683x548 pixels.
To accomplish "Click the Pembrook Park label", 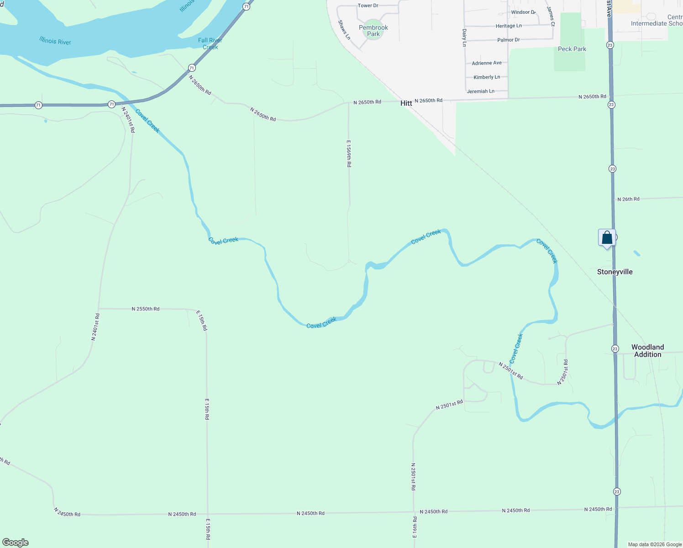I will coord(373,31).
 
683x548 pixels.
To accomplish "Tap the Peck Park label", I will coord(572,49).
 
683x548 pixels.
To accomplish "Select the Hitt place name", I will coord(406,103).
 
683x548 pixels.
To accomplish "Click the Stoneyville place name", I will coord(615,272).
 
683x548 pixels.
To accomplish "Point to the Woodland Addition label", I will coord(647,351).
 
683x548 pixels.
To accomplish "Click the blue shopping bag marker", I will coord(607,238).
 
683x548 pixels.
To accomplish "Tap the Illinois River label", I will coord(55,41).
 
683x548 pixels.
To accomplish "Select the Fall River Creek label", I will coord(210,44).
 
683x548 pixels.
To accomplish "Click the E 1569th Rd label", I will coord(349,153).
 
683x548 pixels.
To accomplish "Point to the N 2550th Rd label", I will coord(146,309).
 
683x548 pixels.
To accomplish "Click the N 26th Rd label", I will coord(628,199).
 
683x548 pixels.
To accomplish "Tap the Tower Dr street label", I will coord(368,5).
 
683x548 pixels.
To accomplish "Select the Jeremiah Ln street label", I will coord(480,91).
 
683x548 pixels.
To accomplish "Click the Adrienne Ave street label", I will coord(487,63).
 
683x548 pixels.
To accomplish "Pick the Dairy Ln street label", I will coord(464,38).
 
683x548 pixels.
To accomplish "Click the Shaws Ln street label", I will coord(344,30).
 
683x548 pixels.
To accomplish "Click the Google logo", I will coord(16,543).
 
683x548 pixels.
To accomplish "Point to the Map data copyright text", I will coord(655,544).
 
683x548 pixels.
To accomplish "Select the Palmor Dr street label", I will coord(508,40).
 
